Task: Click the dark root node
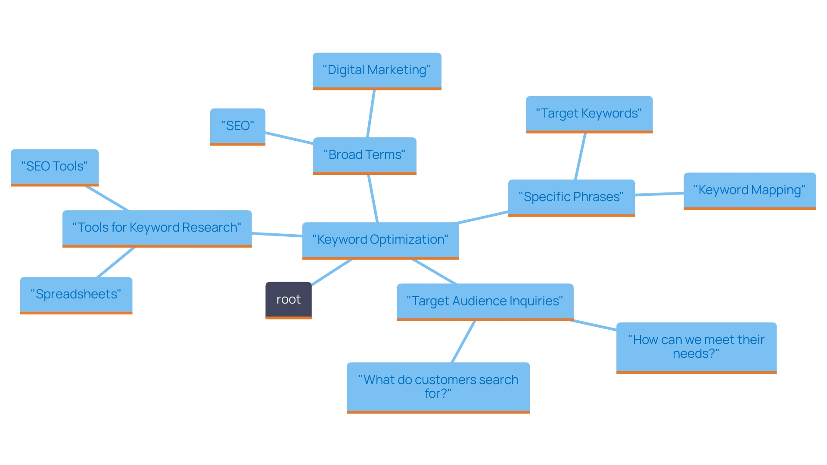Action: (x=288, y=300)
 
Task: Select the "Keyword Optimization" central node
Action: (x=380, y=240)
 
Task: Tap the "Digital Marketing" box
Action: (x=377, y=70)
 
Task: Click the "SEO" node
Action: (x=237, y=126)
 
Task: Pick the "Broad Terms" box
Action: (x=364, y=155)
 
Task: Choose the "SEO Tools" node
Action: (x=55, y=167)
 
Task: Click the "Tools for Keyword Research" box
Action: (x=157, y=228)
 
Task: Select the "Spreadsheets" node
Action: (x=76, y=294)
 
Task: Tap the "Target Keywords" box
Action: (x=589, y=114)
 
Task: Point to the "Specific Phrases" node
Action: (x=571, y=197)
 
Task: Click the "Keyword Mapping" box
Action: (x=749, y=190)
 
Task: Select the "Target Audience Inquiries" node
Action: (x=485, y=301)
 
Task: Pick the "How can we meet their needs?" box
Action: (x=696, y=347)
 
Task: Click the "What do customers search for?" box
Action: (x=438, y=387)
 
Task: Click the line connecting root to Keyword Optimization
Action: (x=332, y=272)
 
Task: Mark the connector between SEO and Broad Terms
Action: (x=289, y=138)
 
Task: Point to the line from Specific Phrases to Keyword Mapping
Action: (x=659, y=194)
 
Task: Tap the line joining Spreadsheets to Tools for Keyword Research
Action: (x=115, y=262)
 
